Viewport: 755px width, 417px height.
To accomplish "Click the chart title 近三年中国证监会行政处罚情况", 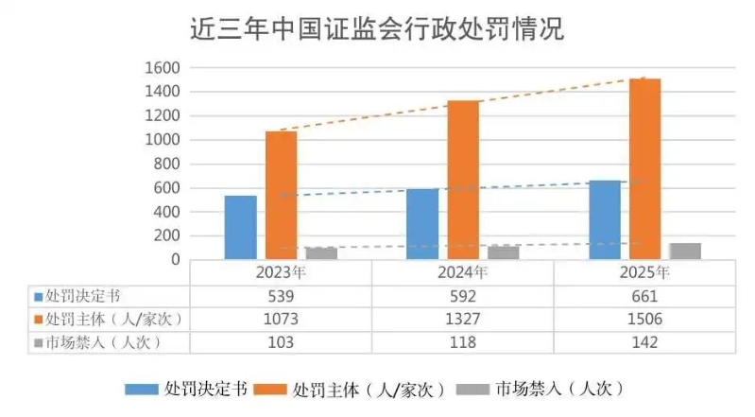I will [x=376, y=30].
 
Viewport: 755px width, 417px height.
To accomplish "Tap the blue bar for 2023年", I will [x=241, y=227].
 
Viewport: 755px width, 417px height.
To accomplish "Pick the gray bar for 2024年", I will [x=503, y=252].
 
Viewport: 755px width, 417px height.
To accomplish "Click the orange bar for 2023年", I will [x=281, y=195].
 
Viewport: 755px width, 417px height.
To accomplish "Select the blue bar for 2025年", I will [x=605, y=219].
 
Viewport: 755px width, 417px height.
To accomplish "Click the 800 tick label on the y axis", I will [x=167, y=164].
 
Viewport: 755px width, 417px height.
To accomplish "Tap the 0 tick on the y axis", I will [x=176, y=259].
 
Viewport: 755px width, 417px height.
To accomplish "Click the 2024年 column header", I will [x=463, y=273].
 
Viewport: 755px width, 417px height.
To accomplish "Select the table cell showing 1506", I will [x=645, y=319].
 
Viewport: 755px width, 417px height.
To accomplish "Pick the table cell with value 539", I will [x=281, y=296].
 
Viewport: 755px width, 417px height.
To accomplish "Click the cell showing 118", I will [x=463, y=341].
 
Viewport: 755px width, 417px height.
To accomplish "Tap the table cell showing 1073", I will [x=281, y=319].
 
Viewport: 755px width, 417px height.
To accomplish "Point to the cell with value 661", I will [x=645, y=296].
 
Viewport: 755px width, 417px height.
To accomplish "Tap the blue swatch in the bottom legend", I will [x=141, y=389].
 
